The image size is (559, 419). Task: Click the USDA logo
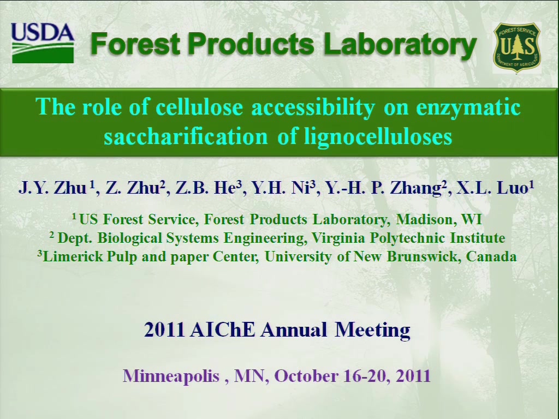[x=43, y=43]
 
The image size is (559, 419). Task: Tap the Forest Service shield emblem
[x=517, y=47]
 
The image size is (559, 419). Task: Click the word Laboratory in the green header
[x=400, y=44]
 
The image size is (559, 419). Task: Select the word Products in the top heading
[x=251, y=44]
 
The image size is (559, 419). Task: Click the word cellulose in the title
[x=199, y=106]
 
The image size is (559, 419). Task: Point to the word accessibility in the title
[x=313, y=107]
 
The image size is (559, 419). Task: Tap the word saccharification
[x=186, y=136]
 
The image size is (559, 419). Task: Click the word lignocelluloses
[x=378, y=137]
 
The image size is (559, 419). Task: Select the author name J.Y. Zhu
[x=52, y=188]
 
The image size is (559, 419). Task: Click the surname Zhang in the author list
[x=415, y=188]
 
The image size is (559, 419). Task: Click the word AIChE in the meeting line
[x=223, y=330]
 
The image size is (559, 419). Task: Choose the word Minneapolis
[x=171, y=376]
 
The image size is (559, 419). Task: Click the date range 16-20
[x=366, y=376]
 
